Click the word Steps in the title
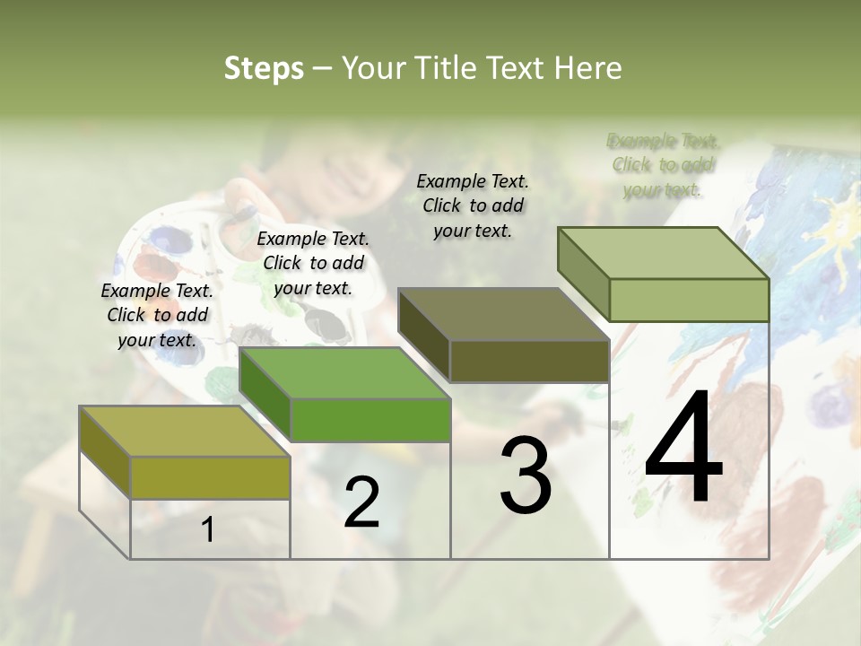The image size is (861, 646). tap(264, 68)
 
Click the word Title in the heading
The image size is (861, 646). tap(446, 68)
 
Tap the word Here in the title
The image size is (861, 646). tap(588, 68)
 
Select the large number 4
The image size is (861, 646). tap(683, 450)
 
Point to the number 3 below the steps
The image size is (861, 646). tap(526, 476)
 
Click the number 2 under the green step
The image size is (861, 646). tap(361, 503)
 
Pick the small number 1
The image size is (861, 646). tap(208, 530)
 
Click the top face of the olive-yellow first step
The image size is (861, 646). tap(184, 432)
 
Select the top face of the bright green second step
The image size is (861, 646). tap(344, 373)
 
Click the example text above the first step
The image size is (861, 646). tap(157, 315)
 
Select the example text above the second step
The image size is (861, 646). tap(313, 263)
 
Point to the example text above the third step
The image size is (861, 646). tap(473, 205)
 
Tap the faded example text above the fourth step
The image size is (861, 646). tap(663, 165)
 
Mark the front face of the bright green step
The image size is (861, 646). tap(370, 420)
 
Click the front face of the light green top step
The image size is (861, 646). tap(689, 300)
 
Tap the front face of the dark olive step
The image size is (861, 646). tap(529, 362)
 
